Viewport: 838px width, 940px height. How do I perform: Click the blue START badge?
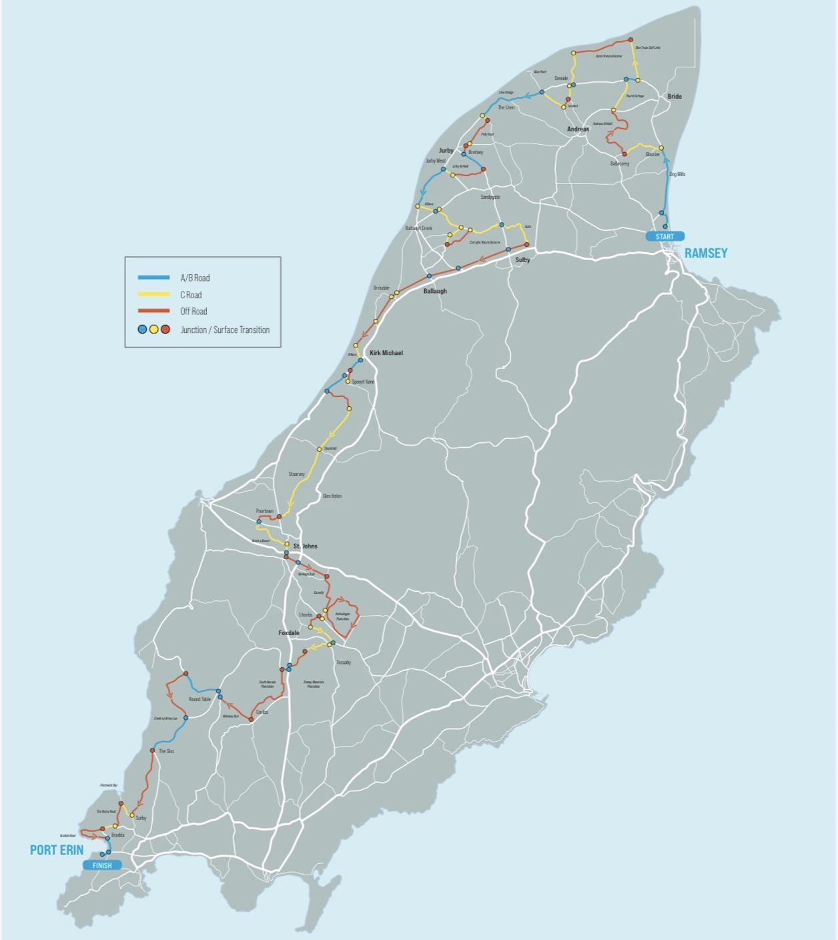point(665,237)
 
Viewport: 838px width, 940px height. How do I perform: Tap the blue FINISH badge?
point(102,865)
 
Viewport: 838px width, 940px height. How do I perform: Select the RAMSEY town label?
point(705,254)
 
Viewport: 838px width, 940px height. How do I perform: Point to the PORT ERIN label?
point(57,850)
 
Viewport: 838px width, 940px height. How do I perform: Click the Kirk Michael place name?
point(386,353)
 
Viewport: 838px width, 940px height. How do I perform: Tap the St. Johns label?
point(306,546)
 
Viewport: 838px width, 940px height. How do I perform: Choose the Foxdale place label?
point(289,632)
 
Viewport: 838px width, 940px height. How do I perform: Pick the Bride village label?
point(675,97)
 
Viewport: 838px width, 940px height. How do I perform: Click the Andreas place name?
point(578,129)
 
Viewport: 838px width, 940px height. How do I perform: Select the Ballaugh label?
point(435,292)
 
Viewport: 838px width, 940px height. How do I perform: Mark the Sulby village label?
point(522,260)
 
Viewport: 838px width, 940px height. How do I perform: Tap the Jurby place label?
point(446,151)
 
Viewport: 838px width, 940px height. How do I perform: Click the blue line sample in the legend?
point(153,278)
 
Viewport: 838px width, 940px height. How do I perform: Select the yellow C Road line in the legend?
point(153,294)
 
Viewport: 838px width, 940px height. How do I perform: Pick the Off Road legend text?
point(193,312)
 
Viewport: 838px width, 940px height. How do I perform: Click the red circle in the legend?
point(165,330)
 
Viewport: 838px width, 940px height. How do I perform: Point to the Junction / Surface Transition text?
point(225,330)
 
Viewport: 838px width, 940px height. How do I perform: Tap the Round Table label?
point(199,699)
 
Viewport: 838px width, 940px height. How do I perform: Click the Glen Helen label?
point(332,496)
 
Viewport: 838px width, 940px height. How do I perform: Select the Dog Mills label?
point(677,175)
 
